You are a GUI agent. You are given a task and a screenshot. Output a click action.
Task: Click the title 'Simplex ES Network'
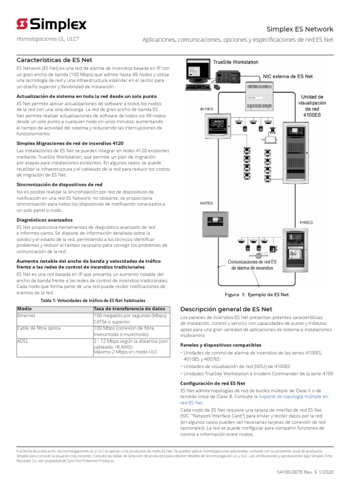300,29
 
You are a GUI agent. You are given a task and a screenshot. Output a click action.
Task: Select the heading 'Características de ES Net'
54,60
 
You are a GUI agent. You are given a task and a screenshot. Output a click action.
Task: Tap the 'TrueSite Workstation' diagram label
235,62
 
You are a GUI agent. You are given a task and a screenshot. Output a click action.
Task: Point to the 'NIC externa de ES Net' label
288,75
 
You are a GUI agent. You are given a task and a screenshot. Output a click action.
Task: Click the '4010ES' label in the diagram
206,109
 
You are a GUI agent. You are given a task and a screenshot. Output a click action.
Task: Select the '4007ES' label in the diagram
206,203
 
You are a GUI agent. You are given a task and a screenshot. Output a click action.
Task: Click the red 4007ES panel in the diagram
214,225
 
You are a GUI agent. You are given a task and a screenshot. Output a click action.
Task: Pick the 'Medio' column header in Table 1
25,309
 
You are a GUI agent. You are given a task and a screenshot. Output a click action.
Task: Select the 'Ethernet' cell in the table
26,315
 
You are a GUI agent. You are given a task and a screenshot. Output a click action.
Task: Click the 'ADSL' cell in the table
22,341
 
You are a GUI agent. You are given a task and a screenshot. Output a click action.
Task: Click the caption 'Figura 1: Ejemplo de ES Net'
257,294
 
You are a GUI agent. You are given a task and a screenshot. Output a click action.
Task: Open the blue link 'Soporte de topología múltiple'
293,397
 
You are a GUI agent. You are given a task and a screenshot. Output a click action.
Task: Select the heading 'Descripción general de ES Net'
226,309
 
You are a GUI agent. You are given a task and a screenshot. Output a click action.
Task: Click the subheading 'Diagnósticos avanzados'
45,219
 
